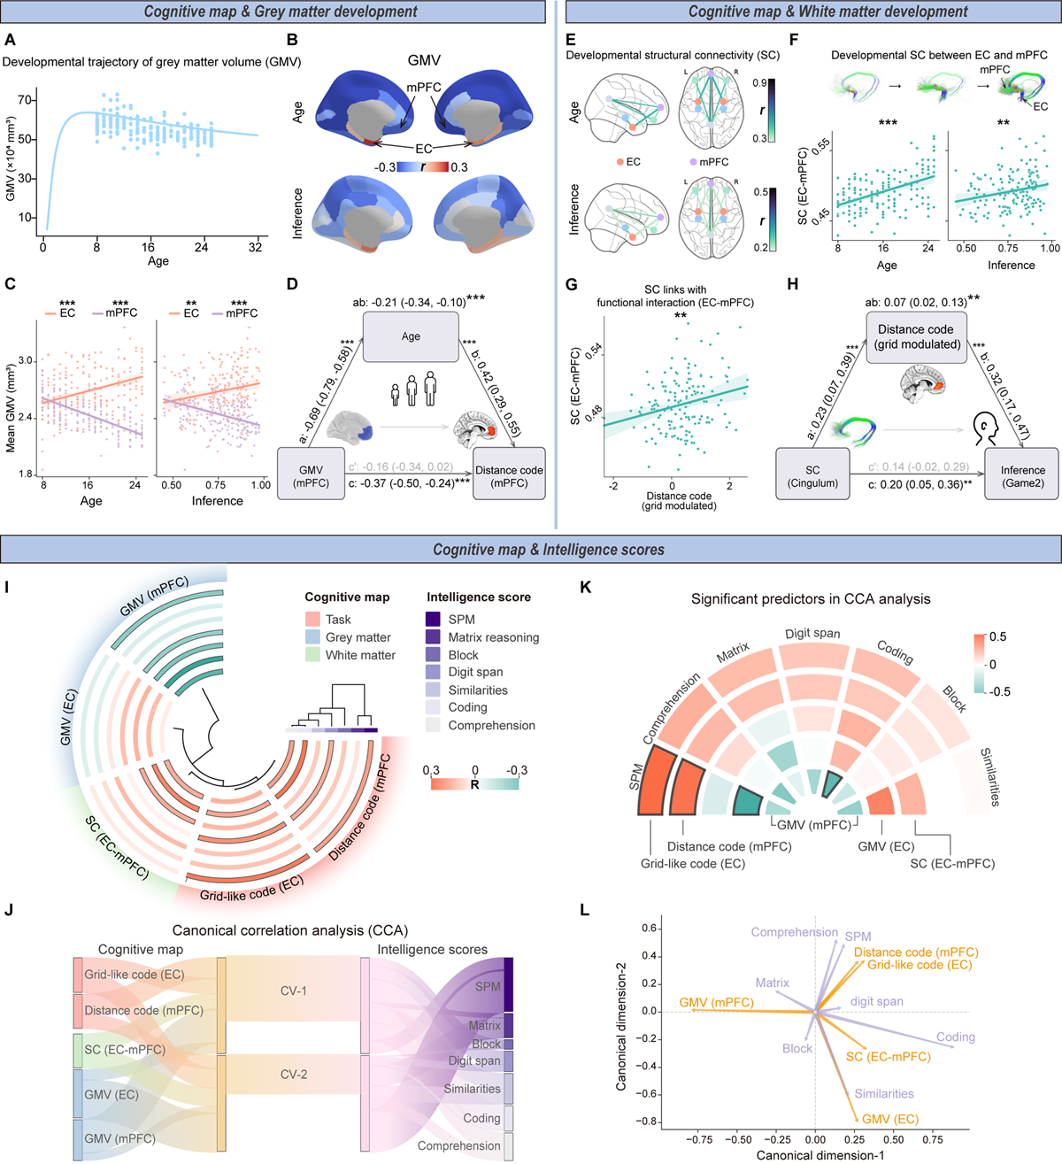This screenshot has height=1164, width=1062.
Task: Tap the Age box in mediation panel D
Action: (411, 336)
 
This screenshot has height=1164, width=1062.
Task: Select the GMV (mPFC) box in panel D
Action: (311, 475)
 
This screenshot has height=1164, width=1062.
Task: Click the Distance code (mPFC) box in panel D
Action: (509, 475)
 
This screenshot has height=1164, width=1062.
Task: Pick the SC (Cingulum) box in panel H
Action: (812, 475)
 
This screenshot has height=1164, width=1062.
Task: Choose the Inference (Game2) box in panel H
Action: (1022, 475)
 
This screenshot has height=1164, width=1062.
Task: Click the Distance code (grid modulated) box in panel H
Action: (916, 336)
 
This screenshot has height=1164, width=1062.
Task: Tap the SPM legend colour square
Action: (434, 620)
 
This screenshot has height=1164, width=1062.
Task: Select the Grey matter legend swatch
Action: (312, 637)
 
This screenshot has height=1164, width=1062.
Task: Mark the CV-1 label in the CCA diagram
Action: (294, 991)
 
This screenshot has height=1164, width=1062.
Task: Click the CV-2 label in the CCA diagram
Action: (294, 1075)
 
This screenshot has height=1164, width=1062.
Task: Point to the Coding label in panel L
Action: (955, 1037)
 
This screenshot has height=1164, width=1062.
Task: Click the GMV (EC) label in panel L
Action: (889, 1119)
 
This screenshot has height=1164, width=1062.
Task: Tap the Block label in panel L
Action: (796, 1048)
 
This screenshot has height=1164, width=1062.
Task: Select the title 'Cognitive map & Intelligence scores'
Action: (548, 550)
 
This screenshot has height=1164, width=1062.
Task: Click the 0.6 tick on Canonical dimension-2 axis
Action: (650, 929)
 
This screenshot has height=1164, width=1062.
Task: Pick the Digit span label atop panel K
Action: (812, 634)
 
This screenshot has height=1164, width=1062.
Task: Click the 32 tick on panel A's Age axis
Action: (255, 248)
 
